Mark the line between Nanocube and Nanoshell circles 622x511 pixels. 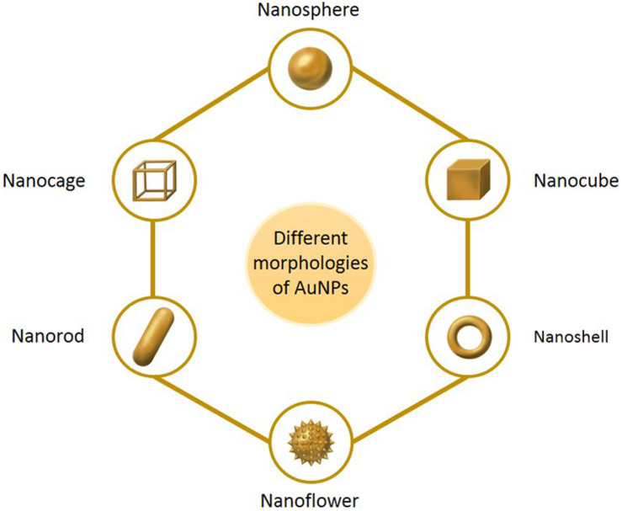point(466,257)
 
